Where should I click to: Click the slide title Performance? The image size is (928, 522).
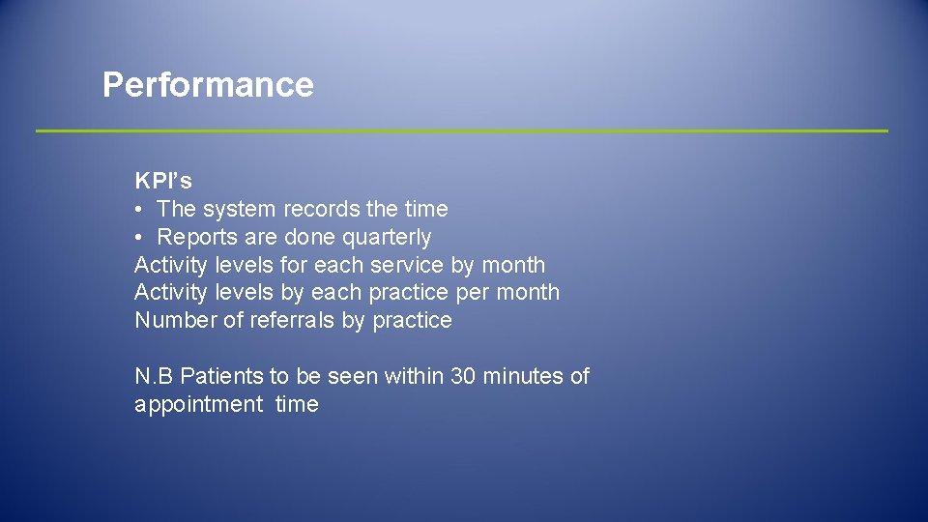[208, 85]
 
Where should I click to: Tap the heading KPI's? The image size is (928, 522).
[163, 181]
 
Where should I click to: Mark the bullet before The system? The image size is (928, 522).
[140, 210]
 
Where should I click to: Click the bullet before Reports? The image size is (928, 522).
[140, 238]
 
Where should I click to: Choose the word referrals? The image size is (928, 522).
[292, 321]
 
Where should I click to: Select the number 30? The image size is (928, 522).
[464, 376]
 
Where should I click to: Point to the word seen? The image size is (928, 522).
[354, 376]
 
